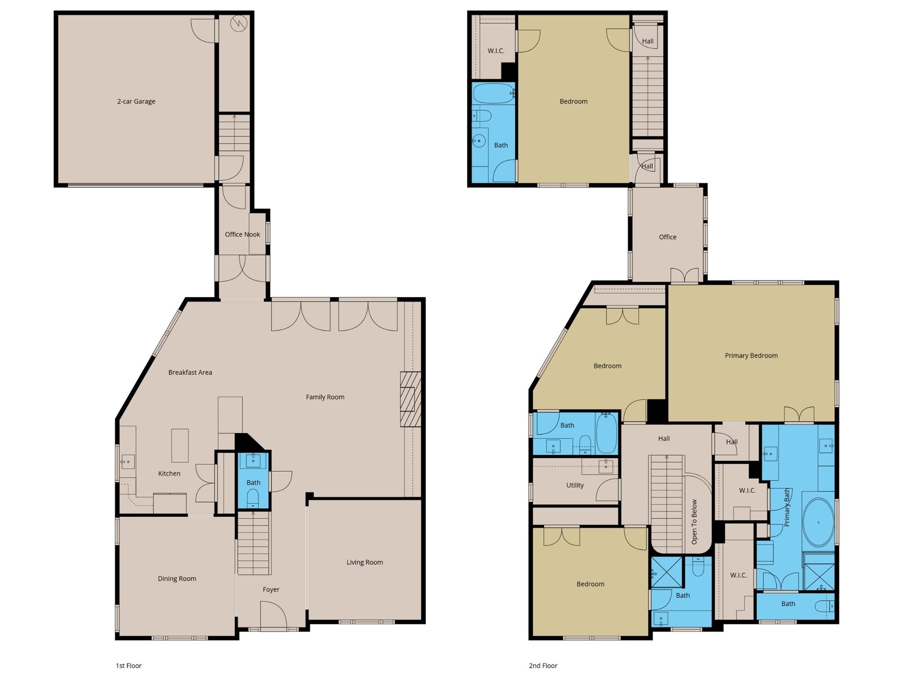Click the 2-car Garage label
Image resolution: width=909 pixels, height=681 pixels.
[x=136, y=101]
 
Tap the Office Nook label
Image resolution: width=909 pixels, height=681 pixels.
[x=242, y=234]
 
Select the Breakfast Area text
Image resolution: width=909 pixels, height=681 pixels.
[x=190, y=372]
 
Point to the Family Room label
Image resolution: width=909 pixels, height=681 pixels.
[x=325, y=397]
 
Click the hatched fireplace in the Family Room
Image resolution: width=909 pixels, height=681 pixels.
[x=410, y=399]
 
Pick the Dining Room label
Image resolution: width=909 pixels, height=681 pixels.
[x=177, y=578]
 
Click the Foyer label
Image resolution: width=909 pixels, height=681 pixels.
[x=271, y=589]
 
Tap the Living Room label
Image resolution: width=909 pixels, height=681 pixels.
[x=364, y=562]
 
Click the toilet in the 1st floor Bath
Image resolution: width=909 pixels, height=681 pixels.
[x=253, y=497]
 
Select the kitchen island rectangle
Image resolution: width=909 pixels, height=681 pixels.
[x=180, y=445]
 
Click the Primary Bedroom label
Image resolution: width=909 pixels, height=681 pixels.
[x=751, y=355]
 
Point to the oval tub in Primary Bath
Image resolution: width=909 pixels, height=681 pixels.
[x=818, y=523]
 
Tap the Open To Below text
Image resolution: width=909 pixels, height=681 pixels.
[x=695, y=522]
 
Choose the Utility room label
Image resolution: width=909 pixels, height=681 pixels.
[x=575, y=485]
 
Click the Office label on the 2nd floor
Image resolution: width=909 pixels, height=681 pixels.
[x=668, y=237]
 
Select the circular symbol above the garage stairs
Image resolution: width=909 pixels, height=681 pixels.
[x=238, y=23]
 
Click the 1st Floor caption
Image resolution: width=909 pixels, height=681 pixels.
[x=128, y=665]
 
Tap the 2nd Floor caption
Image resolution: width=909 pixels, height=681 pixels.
[x=543, y=665]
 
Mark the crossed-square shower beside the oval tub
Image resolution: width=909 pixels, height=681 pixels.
[x=819, y=576]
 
